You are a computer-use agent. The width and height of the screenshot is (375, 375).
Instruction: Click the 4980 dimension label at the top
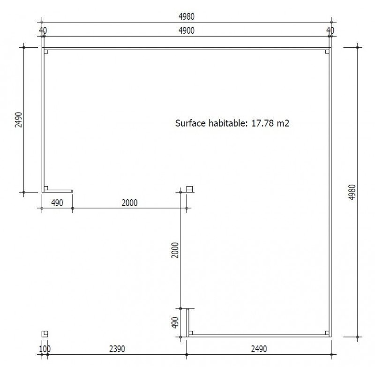187,16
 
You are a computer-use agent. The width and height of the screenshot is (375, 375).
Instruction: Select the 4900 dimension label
187,30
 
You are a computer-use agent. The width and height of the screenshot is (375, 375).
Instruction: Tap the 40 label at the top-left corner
43,30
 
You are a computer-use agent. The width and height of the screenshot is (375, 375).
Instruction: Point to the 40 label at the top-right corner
330,30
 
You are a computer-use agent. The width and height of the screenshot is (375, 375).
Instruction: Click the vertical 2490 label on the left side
18,120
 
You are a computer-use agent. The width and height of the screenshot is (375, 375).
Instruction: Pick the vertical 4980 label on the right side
352,192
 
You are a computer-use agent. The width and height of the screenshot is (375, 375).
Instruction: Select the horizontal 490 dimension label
57,203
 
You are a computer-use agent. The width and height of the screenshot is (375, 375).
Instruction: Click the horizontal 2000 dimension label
130,203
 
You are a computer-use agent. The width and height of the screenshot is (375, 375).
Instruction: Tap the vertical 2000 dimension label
175,250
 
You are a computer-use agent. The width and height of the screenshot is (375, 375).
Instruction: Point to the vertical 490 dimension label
175,322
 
